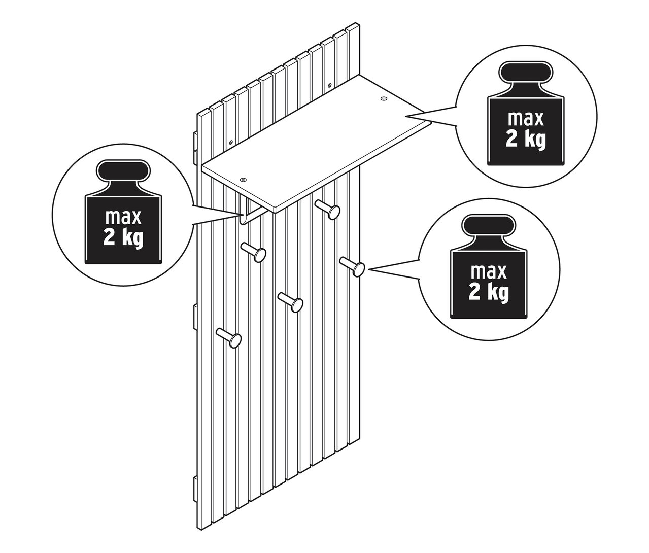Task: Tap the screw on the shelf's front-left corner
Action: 243,180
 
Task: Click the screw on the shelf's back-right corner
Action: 383,99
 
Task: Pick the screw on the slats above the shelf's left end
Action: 231,142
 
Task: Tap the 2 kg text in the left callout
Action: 123,238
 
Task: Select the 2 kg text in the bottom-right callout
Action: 488,293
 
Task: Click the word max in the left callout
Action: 123,217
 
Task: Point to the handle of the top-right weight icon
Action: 526,74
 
